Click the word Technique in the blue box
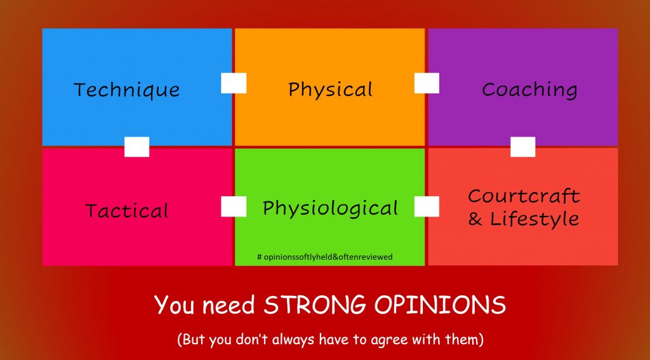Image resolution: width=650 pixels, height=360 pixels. coord(126,90)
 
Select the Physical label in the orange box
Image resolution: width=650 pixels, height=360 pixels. coord(330,90)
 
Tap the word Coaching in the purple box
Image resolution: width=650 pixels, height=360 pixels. coord(529,90)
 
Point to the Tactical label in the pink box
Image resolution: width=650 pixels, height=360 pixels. coord(127,211)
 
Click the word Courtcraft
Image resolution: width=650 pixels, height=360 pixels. coord(524,196)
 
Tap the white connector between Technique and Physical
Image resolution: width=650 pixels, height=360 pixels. coord(234,83)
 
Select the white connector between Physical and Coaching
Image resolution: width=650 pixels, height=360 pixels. coord(427,83)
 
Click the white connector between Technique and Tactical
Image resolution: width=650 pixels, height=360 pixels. coord(136,147)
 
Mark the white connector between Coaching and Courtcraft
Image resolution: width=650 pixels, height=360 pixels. coord(522,147)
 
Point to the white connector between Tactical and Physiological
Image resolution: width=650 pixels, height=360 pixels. coord(234,206)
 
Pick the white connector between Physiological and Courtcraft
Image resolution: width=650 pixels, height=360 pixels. coord(427,206)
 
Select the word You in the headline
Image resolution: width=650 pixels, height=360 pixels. coord(171,305)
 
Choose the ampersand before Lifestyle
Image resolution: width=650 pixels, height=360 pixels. coord(475,220)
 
